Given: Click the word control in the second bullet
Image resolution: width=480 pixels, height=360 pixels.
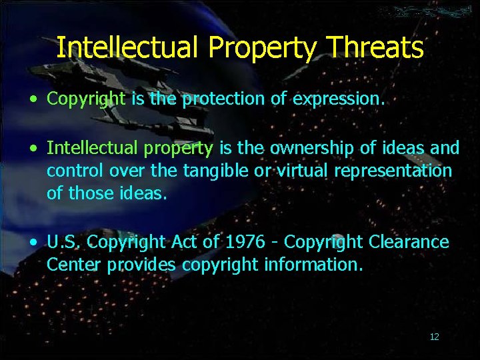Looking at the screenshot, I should click(x=75, y=171).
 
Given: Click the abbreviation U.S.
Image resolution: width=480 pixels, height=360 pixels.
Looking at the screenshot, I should click(x=65, y=241).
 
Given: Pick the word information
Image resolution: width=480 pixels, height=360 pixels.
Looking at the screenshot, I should click(x=313, y=265).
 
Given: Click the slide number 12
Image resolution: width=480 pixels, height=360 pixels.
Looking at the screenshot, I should click(x=435, y=337).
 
